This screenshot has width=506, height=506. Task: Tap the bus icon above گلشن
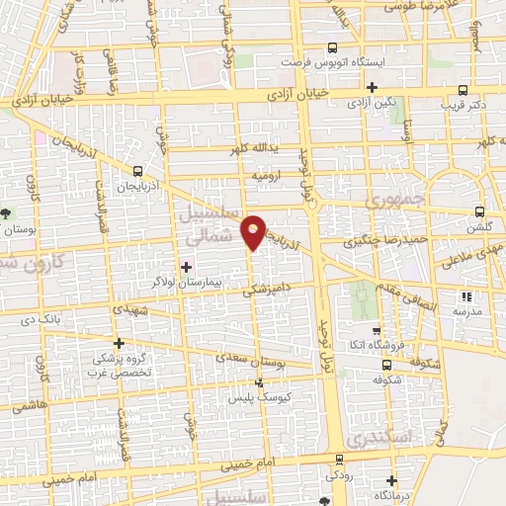[479, 211]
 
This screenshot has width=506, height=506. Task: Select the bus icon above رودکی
[339, 460]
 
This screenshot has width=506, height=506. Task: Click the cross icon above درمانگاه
[393, 479]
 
